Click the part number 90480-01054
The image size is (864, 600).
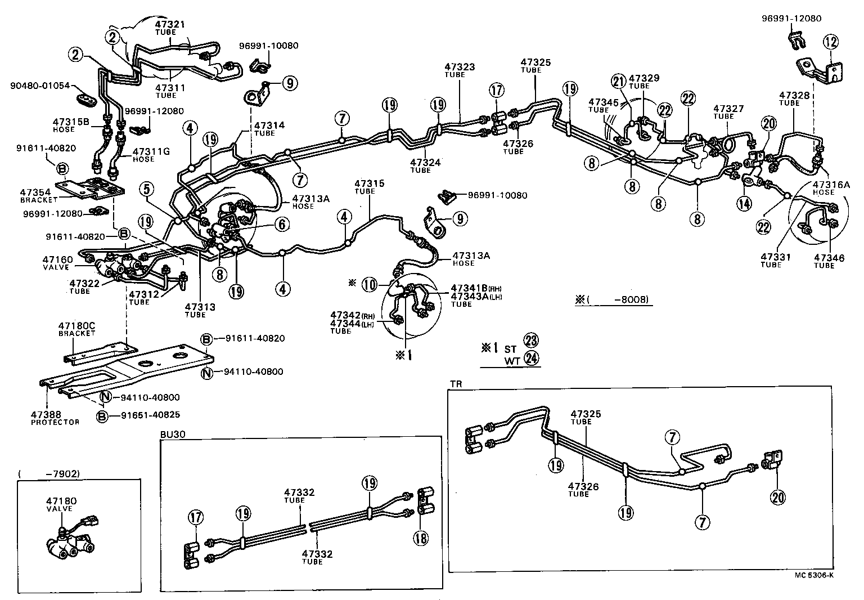(40, 86)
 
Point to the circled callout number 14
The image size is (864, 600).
(745, 203)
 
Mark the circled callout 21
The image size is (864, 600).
(619, 82)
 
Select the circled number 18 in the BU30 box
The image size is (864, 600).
(421, 538)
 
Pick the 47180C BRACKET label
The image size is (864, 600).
(76, 329)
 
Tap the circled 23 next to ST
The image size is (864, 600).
(530, 340)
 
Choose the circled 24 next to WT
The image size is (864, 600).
(530, 357)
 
